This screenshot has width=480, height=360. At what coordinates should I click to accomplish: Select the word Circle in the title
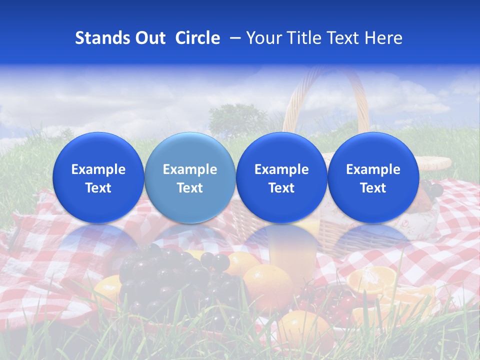click(x=197, y=38)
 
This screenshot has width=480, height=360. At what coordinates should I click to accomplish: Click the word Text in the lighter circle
click(x=190, y=188)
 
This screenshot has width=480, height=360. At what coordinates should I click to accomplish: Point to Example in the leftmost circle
click(x=98, y=169)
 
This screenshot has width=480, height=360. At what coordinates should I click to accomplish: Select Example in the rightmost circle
click(x=373, y=169)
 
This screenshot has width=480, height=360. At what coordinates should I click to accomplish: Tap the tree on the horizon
click(x=237, y=120)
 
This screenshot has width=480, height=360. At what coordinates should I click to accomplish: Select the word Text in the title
click(x=345, y=38)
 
